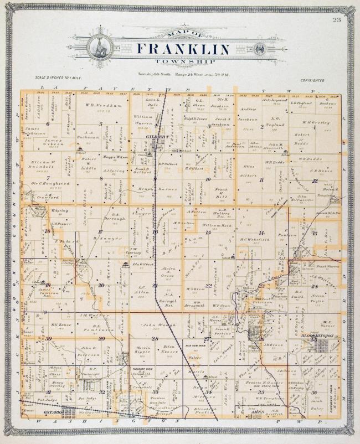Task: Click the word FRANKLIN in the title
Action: pyautogui.click(x=183, y=49)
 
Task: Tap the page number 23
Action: pyautogui.click(x=337, y=20)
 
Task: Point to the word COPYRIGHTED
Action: pyautogui.click(x=312, y=80)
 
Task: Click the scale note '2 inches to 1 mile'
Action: pyautogui.click(x=54, y=79)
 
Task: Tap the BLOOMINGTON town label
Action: pyautogui.click(x=316, y=336)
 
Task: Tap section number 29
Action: pyautogui.click(x=49, y=339)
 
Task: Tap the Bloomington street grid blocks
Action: pyautogui.click(x=322, y=345)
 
